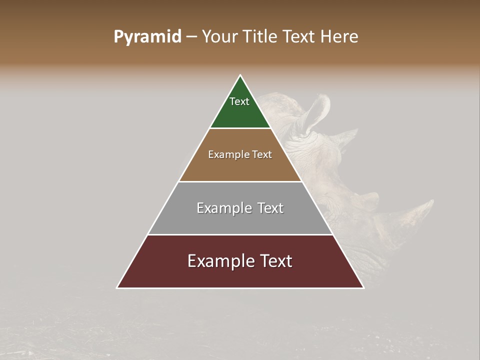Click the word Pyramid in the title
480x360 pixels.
click(x=147, y=36)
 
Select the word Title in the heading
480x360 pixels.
click(x=259, y=36)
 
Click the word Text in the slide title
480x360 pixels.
click(x=299, y=36)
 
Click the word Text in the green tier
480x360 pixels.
click(x=239, y=101)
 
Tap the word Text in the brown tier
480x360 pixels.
click(x=262, y=154)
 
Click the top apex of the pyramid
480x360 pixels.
click(x=240, y=76)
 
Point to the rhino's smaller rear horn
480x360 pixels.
click(x=350, y=135)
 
